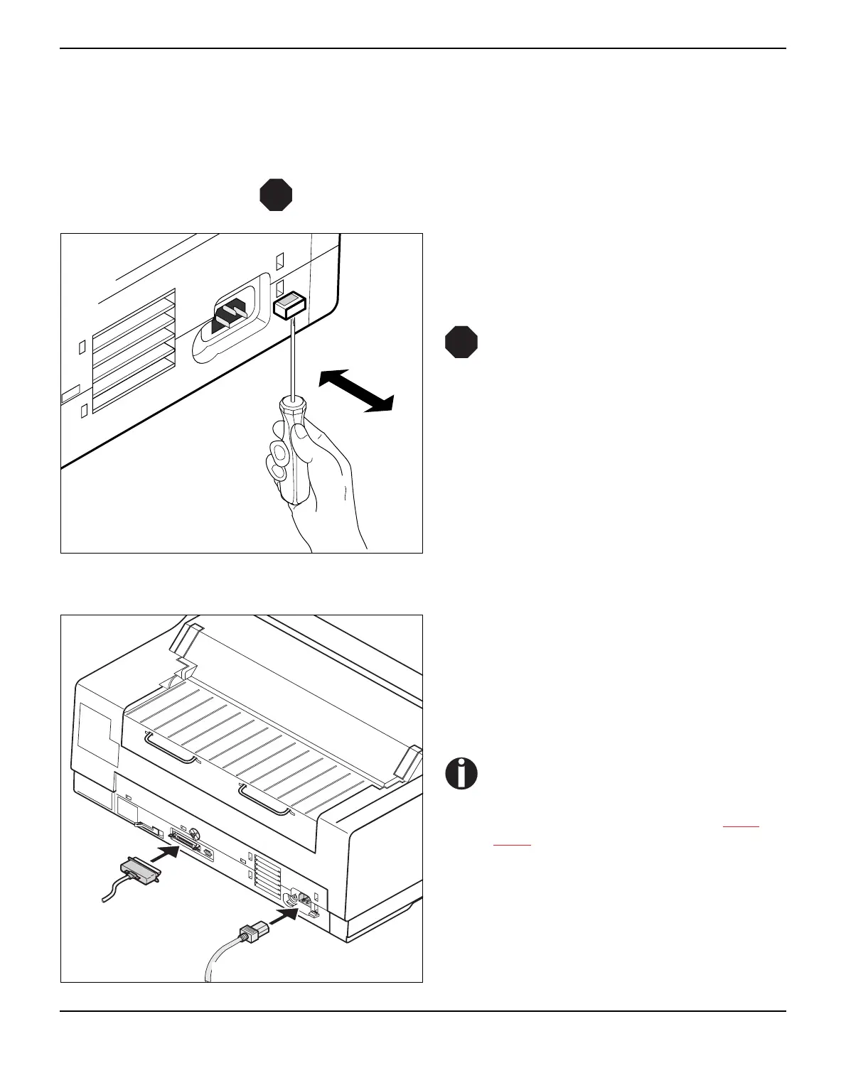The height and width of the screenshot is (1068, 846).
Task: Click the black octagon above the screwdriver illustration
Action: coord(276,195)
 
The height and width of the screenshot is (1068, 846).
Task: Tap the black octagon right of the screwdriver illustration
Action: coord(461,342)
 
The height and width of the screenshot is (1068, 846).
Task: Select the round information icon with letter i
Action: coord(462,773)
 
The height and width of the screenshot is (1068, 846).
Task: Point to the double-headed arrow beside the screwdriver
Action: coord(356,390)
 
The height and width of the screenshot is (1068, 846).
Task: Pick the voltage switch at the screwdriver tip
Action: coord(289,306)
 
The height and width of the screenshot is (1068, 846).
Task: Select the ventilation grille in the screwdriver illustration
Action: coord(134,350)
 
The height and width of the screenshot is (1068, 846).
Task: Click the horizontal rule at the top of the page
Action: coord(423,48)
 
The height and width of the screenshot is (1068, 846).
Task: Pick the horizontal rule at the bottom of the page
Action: coord(423,1010)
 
